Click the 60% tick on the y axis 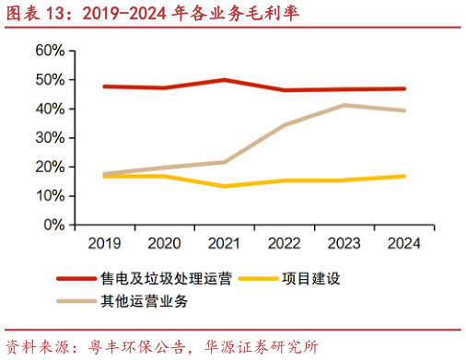click(x=49, y=50)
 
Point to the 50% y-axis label click(x=49, y=79)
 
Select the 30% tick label click(x=49, y=137)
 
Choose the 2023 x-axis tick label click(x=344, y=243)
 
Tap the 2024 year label click(x=403, y=243)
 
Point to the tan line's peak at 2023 click(x=344, y=105)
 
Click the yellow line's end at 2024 click(x=403, y=176)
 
